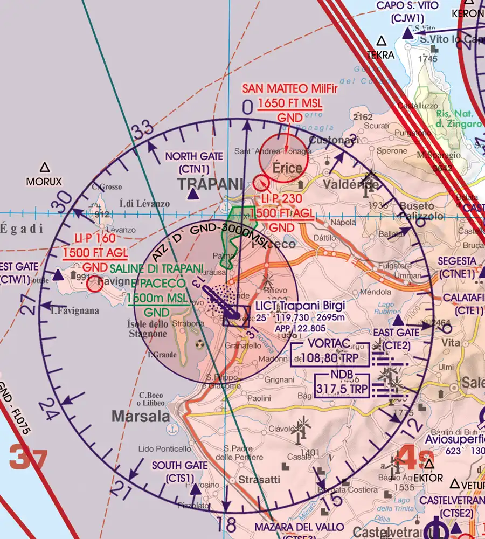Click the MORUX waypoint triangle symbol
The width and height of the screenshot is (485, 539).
(45, 168)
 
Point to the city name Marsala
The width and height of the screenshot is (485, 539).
(141, 416)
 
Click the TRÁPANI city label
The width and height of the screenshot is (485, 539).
(207, 184)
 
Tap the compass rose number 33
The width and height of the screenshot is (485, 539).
(142, 131)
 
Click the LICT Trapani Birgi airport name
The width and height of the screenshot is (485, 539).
(300, 306)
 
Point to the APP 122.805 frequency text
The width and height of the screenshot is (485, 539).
(300, 328)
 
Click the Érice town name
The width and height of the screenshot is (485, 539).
(287, 168)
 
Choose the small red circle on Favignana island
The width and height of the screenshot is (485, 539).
(95, 284)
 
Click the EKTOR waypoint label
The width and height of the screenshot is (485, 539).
(429, 478)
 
